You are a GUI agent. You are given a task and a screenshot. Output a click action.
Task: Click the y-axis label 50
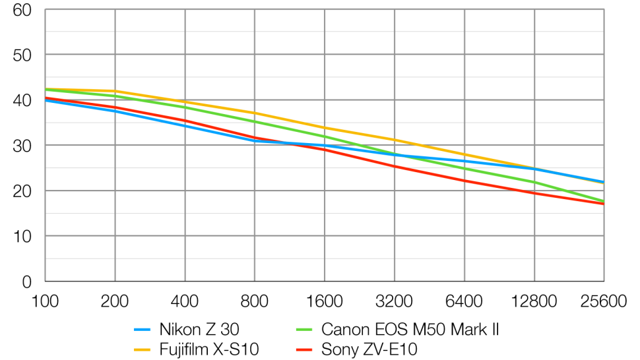tap(24, 55)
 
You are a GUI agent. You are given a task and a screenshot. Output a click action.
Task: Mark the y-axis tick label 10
tap(24, 236)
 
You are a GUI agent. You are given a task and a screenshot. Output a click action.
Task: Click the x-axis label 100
tap(46, 301)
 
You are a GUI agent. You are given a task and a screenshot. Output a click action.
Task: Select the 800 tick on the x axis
tap(255, 301)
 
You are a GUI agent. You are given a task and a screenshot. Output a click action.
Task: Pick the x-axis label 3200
tap(394, 301)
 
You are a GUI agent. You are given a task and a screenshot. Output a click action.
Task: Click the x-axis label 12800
tap(533, 301)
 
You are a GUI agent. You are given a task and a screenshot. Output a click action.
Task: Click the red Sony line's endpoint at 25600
tap(603, 204)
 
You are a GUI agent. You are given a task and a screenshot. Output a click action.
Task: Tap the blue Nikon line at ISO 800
tap(255, 140)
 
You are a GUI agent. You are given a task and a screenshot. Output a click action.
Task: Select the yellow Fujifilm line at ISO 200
tap(115, 91)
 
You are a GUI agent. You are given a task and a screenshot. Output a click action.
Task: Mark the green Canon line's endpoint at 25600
tap(603, 201)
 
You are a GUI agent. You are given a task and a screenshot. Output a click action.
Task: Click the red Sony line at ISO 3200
tap(394, 166)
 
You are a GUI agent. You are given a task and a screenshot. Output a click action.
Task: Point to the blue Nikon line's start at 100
tap(46, 100)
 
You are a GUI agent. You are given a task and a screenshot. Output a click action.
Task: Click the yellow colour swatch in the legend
tap(143, 349)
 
